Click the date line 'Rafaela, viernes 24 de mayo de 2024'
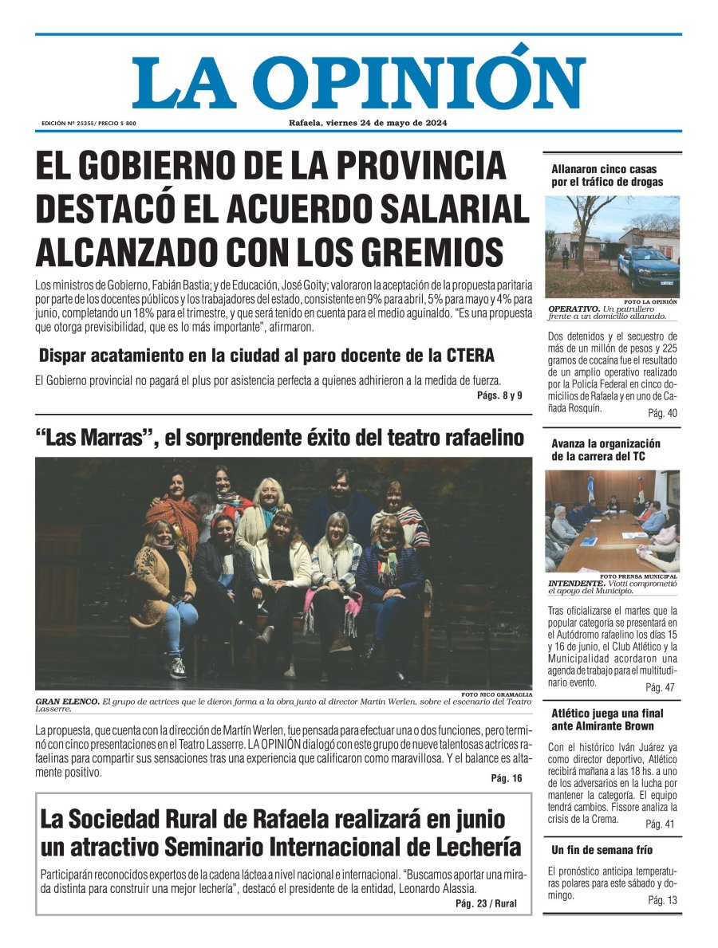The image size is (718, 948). pos(368,123)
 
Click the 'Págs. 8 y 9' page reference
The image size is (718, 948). pos(499,395)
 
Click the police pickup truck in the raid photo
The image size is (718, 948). pos(647,269)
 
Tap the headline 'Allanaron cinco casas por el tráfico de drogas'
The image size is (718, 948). pos(607,175)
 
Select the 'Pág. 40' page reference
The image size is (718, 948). pos(661,413)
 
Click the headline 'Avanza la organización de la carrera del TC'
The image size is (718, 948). pos(606,450)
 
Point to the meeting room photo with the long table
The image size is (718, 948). pos(613,520)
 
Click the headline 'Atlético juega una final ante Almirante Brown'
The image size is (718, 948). pos(607,719)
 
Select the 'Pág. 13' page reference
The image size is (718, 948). pos(662,900)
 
